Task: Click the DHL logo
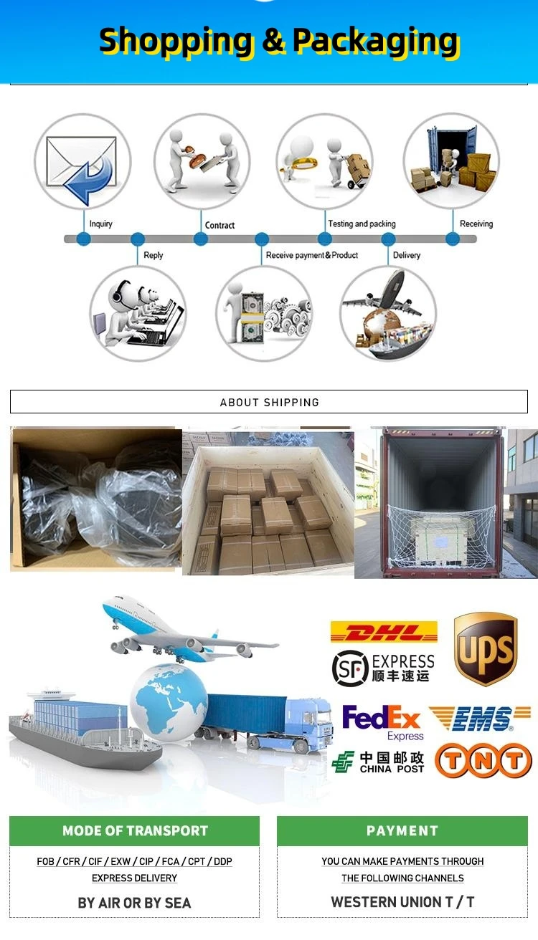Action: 384,632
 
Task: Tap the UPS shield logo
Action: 486,648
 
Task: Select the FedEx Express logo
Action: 383,722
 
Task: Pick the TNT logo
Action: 483,761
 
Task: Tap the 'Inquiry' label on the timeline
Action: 100,224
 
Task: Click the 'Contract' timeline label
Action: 220,225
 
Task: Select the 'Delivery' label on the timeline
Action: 407,255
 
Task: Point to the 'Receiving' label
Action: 476,224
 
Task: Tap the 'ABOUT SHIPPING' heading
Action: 269,402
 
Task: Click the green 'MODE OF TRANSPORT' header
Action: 135,831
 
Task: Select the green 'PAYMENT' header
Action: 402,831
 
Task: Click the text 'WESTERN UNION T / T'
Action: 402,902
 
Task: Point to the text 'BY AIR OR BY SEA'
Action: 135,903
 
